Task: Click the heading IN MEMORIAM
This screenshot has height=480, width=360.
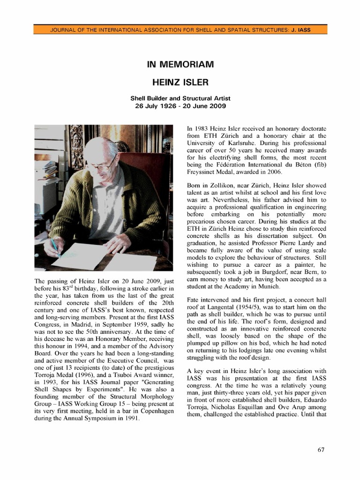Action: click(180, 64)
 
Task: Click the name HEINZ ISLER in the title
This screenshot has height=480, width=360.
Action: click(180, 82)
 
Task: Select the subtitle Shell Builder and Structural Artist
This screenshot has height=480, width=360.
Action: click(180, 98)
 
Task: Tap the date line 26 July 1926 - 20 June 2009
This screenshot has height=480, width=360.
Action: click(180, 106)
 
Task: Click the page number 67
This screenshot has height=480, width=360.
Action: click(321, 450)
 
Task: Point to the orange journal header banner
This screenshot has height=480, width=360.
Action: click(180, 30)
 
